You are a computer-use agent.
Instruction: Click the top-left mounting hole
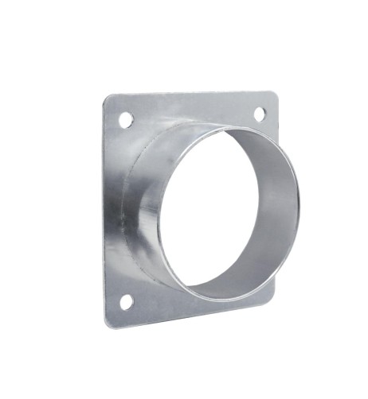[125, 119]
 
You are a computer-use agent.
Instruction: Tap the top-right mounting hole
[260, 114]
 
